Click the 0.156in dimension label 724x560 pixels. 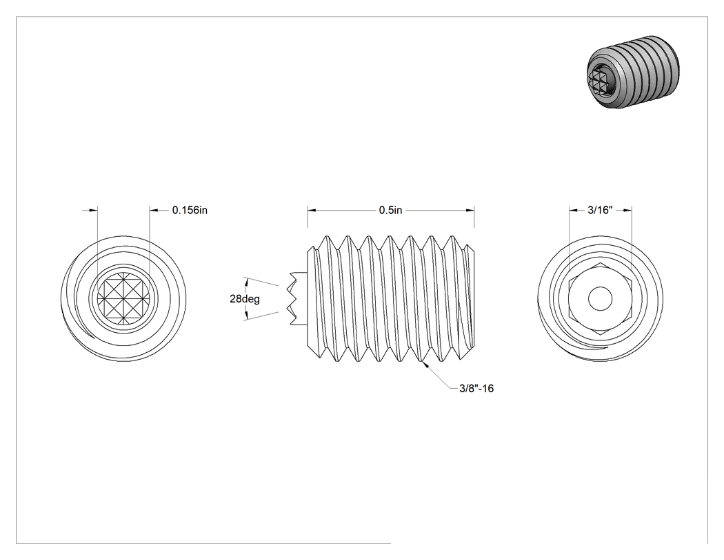click(190, 211)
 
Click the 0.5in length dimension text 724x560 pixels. click(391, 211)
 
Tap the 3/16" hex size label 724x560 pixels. click(600, 211)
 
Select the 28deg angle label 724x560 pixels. click(245, 299)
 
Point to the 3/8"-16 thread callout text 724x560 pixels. click(476, 389)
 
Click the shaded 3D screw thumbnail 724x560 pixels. click(628, 72)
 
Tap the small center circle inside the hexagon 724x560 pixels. click(601, 298)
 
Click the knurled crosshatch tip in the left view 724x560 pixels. click(123, 298)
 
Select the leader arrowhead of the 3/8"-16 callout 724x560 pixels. click(425, 363)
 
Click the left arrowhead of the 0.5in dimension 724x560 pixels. click(312, 211)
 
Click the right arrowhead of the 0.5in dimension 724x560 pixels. click(470, 211)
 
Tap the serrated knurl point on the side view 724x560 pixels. click(299, 298)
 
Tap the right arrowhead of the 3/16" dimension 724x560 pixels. click(627, 211)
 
